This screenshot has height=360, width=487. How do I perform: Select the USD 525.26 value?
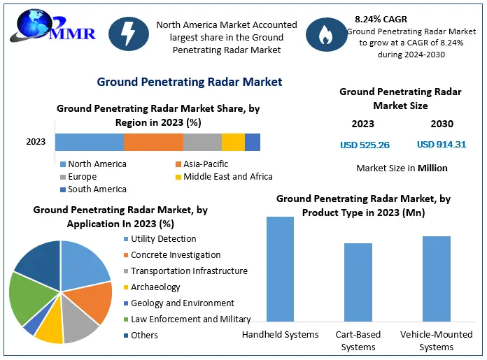[x=365, y=145]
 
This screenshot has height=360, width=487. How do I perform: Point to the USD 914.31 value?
[x=442, y=145]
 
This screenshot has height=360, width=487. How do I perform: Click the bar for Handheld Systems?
[x=280, y=268]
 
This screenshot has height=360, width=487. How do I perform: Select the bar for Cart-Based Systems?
[x=358, y=282]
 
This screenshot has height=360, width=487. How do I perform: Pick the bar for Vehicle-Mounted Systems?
[x=437, y=278]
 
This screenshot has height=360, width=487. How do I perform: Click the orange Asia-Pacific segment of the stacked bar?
[x=153, y=142]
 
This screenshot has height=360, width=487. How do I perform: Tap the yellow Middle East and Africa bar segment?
[x=233, y=142]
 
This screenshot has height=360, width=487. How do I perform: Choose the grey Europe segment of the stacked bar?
[x=202, y=142]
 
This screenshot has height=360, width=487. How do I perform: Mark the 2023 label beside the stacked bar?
[x=36, y=142]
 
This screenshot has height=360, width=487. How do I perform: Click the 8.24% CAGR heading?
[x=381, y=20]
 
